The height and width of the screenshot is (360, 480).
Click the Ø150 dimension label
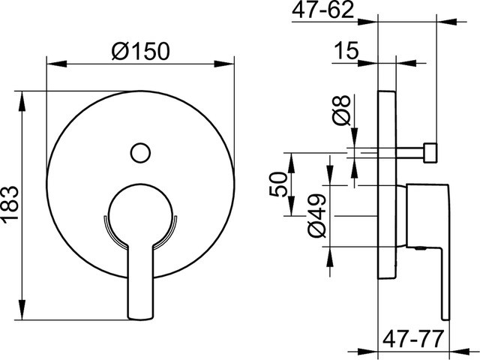tap(140, 51)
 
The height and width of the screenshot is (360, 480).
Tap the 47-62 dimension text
tap(323, 10)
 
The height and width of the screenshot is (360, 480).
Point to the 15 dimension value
tap(346, 50)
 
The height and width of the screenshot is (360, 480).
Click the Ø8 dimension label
tap(342, 110)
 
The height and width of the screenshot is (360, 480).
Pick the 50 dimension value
tap(278, 184)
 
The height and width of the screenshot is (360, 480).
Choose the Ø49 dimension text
tap(316, 215)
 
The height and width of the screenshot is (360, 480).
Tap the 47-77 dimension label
tap(413, 339)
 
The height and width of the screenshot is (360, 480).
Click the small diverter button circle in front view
tap(140, 153)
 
